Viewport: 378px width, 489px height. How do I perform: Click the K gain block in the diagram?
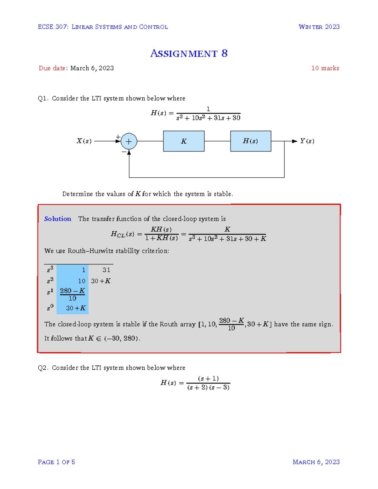184,141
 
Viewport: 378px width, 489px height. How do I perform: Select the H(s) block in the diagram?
250,141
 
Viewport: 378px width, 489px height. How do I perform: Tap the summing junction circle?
129,141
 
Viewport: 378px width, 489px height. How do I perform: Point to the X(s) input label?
84,141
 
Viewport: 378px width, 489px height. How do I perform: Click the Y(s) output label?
307,141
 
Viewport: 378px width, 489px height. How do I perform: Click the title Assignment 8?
189,54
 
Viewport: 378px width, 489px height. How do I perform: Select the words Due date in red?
52,68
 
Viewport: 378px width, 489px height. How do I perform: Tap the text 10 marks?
325,68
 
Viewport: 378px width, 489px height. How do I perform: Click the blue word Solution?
58,219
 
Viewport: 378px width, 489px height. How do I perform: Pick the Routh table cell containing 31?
106,270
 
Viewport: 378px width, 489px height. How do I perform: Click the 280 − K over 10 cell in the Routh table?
72,294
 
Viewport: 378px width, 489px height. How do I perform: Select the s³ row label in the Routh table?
50,270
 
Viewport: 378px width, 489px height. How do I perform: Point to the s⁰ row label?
50,308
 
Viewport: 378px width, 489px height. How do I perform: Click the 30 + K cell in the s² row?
101,281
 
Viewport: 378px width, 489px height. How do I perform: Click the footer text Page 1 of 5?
56,462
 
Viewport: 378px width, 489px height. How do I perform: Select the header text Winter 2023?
319,27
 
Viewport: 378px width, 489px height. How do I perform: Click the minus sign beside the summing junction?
124,152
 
